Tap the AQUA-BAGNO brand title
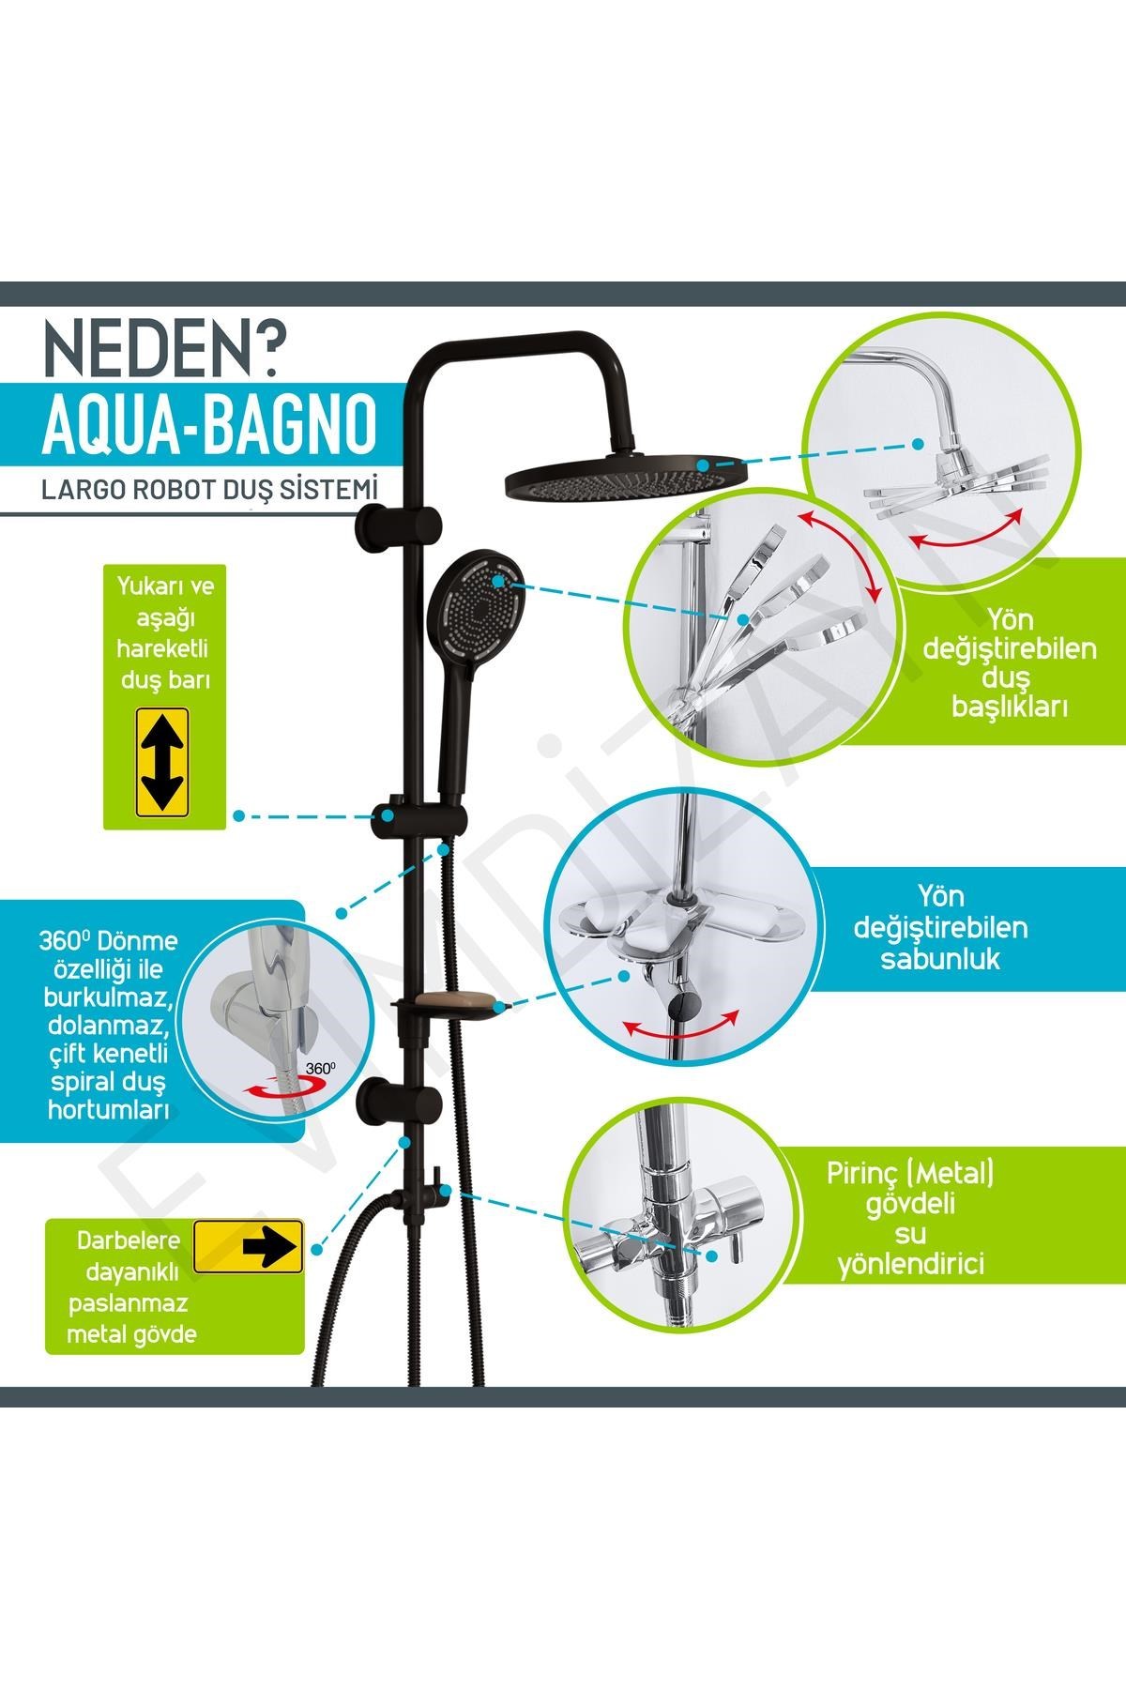209,426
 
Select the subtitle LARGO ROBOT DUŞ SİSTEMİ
208,490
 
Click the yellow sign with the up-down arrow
163,761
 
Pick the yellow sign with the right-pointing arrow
248,1245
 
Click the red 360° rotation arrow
272,1087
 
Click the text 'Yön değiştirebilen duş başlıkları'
1011,662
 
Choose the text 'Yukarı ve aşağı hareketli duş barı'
164,632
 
